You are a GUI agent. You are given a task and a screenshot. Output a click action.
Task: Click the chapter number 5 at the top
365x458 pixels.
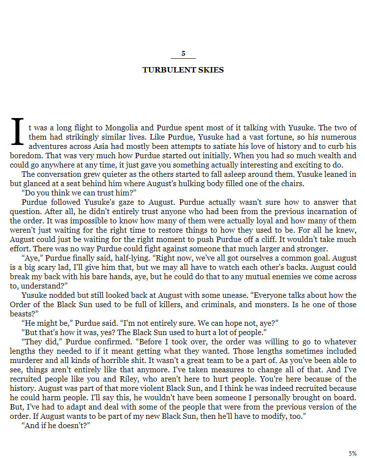[x=183, y=53]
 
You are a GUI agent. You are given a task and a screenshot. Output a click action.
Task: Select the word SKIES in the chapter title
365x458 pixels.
[x=211, y=70]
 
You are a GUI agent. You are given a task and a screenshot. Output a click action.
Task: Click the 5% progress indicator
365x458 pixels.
[x=352, y=453]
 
